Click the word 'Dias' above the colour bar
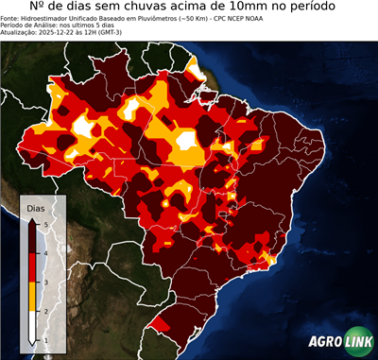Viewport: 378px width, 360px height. tap(34, 207)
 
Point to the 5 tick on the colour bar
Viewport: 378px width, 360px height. tap(46, 223)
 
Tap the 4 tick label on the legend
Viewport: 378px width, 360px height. tap(46, 252)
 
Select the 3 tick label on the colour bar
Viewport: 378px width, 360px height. tap(46, 282)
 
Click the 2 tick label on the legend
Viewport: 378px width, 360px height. tap(46, 311)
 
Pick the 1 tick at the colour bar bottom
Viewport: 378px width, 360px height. tap(46, 339)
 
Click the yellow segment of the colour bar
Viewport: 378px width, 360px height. tap(32, 296)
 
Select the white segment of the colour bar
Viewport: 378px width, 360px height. tap(32, 325)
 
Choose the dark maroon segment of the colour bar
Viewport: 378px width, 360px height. tap(32, 237)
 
